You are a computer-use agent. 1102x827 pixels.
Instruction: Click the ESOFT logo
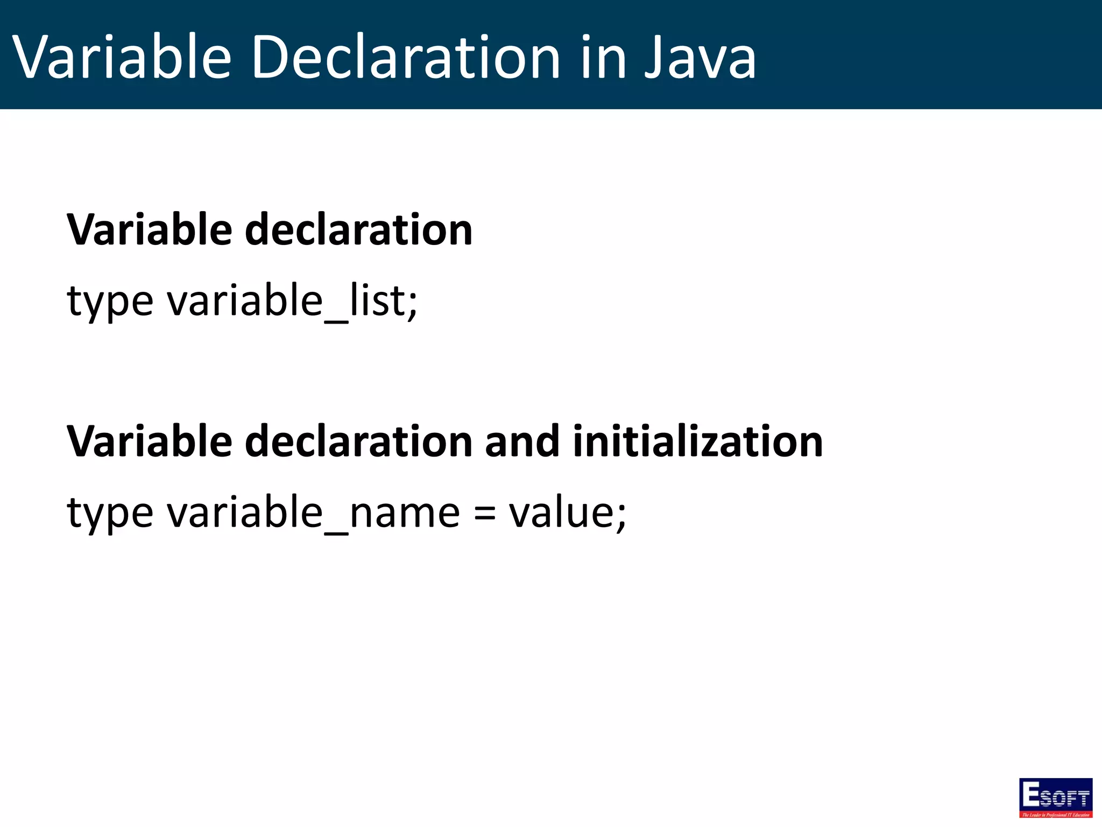tap(1055, 797)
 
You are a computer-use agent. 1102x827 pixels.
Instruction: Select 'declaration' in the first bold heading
tap(358, 230)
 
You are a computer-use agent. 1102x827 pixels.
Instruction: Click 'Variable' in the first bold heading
tap(149, 230)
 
